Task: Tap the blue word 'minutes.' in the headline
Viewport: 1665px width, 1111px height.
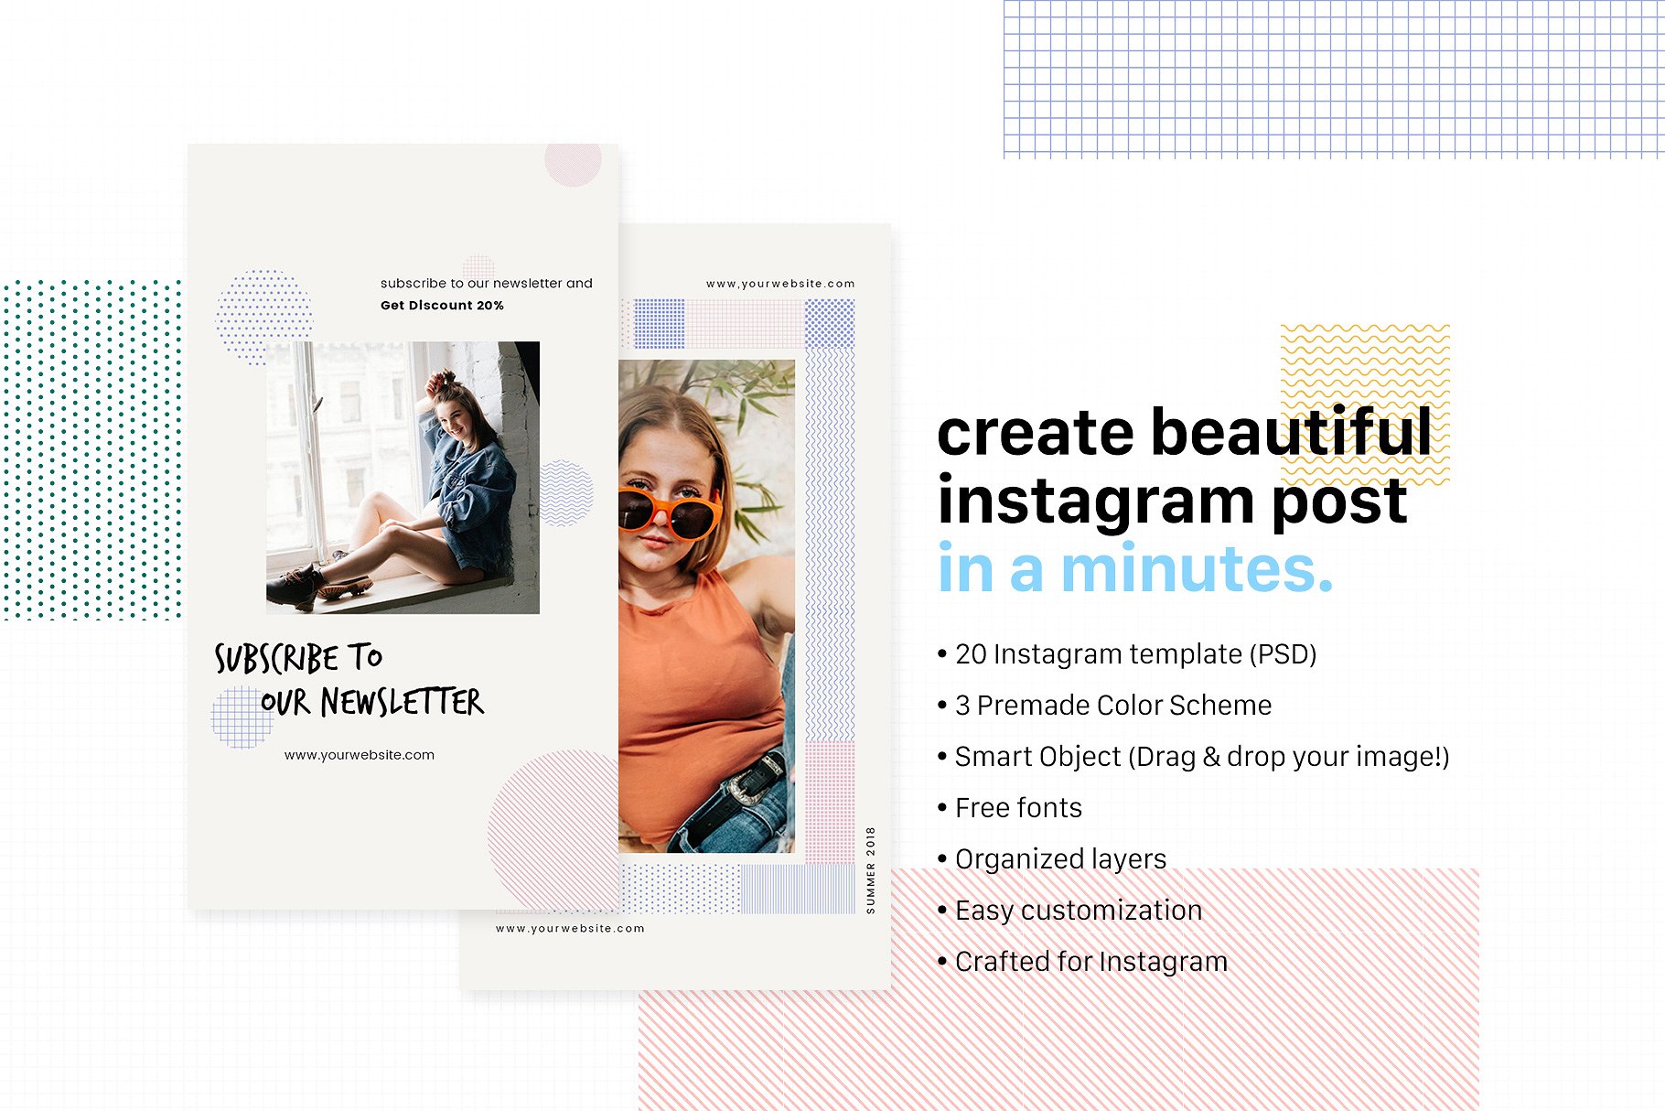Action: click(1197, 569)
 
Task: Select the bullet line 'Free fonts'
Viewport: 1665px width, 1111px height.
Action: click(1018, 808)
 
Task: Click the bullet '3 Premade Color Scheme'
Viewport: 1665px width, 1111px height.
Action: click(1112, 706)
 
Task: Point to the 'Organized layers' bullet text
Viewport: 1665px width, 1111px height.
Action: click(1060, 859)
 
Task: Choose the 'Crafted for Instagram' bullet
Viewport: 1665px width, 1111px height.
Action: click(1090, 962)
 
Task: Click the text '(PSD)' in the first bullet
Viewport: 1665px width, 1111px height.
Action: click(1286, 654)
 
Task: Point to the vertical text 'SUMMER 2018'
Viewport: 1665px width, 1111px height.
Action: click(870, 869)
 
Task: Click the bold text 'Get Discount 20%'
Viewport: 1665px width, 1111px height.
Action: click(442, 306)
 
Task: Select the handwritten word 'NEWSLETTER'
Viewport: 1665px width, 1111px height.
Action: click(402, 703)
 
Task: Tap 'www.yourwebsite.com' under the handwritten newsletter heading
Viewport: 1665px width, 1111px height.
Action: click(360, 755)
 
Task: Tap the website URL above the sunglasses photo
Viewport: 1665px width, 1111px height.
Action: click(780, 284)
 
